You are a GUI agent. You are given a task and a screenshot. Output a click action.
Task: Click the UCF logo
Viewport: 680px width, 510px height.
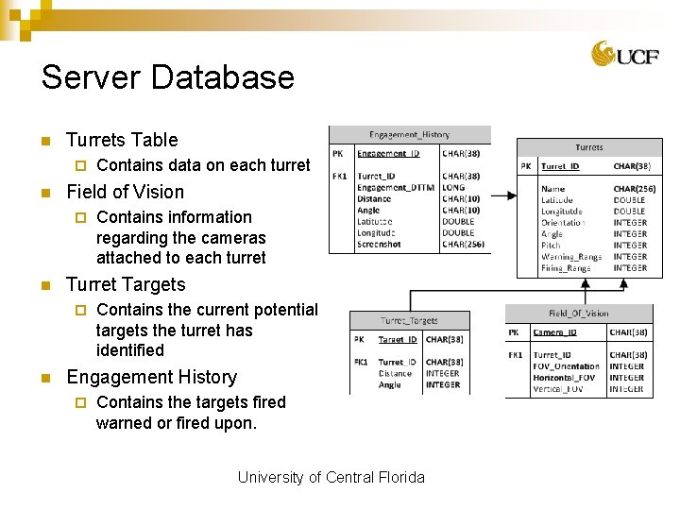point(618,54)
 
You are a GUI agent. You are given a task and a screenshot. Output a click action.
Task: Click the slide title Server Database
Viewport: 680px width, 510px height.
point(168,77)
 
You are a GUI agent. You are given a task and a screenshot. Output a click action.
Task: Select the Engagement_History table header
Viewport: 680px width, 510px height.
point(409,135)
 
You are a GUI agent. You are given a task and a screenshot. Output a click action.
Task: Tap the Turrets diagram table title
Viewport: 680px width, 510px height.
point(589,147)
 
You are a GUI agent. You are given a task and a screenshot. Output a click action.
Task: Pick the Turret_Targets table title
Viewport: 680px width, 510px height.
point(409,321)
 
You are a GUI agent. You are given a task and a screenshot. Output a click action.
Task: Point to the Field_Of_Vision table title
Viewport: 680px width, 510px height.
point(578,314)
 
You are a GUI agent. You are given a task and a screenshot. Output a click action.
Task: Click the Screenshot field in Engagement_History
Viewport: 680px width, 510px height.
point(379,245)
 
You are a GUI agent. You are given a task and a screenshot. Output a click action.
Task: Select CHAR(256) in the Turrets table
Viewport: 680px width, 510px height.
point(634,189)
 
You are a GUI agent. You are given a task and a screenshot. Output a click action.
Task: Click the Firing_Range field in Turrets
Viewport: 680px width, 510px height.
point(566,268)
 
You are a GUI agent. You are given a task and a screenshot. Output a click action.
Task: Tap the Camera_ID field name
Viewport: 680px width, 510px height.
point(555,332)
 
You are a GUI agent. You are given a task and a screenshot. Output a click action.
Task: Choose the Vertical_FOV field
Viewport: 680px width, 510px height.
point(564,389)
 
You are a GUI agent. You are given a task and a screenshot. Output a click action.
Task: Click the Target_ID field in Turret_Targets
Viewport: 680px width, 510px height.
point(398,340)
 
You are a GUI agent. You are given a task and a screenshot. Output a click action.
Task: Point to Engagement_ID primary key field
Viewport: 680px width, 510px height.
point(388,153)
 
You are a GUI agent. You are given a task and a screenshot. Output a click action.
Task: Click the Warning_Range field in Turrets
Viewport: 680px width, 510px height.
point(571,257)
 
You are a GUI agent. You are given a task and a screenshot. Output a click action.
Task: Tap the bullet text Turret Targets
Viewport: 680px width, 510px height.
point(126,284)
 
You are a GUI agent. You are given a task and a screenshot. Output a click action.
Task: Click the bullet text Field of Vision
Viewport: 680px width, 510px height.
point(125,192)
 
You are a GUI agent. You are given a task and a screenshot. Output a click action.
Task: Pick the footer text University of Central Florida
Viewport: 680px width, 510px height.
point(331,477)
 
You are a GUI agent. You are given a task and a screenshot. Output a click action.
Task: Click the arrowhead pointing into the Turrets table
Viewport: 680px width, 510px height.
point(511,196)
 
